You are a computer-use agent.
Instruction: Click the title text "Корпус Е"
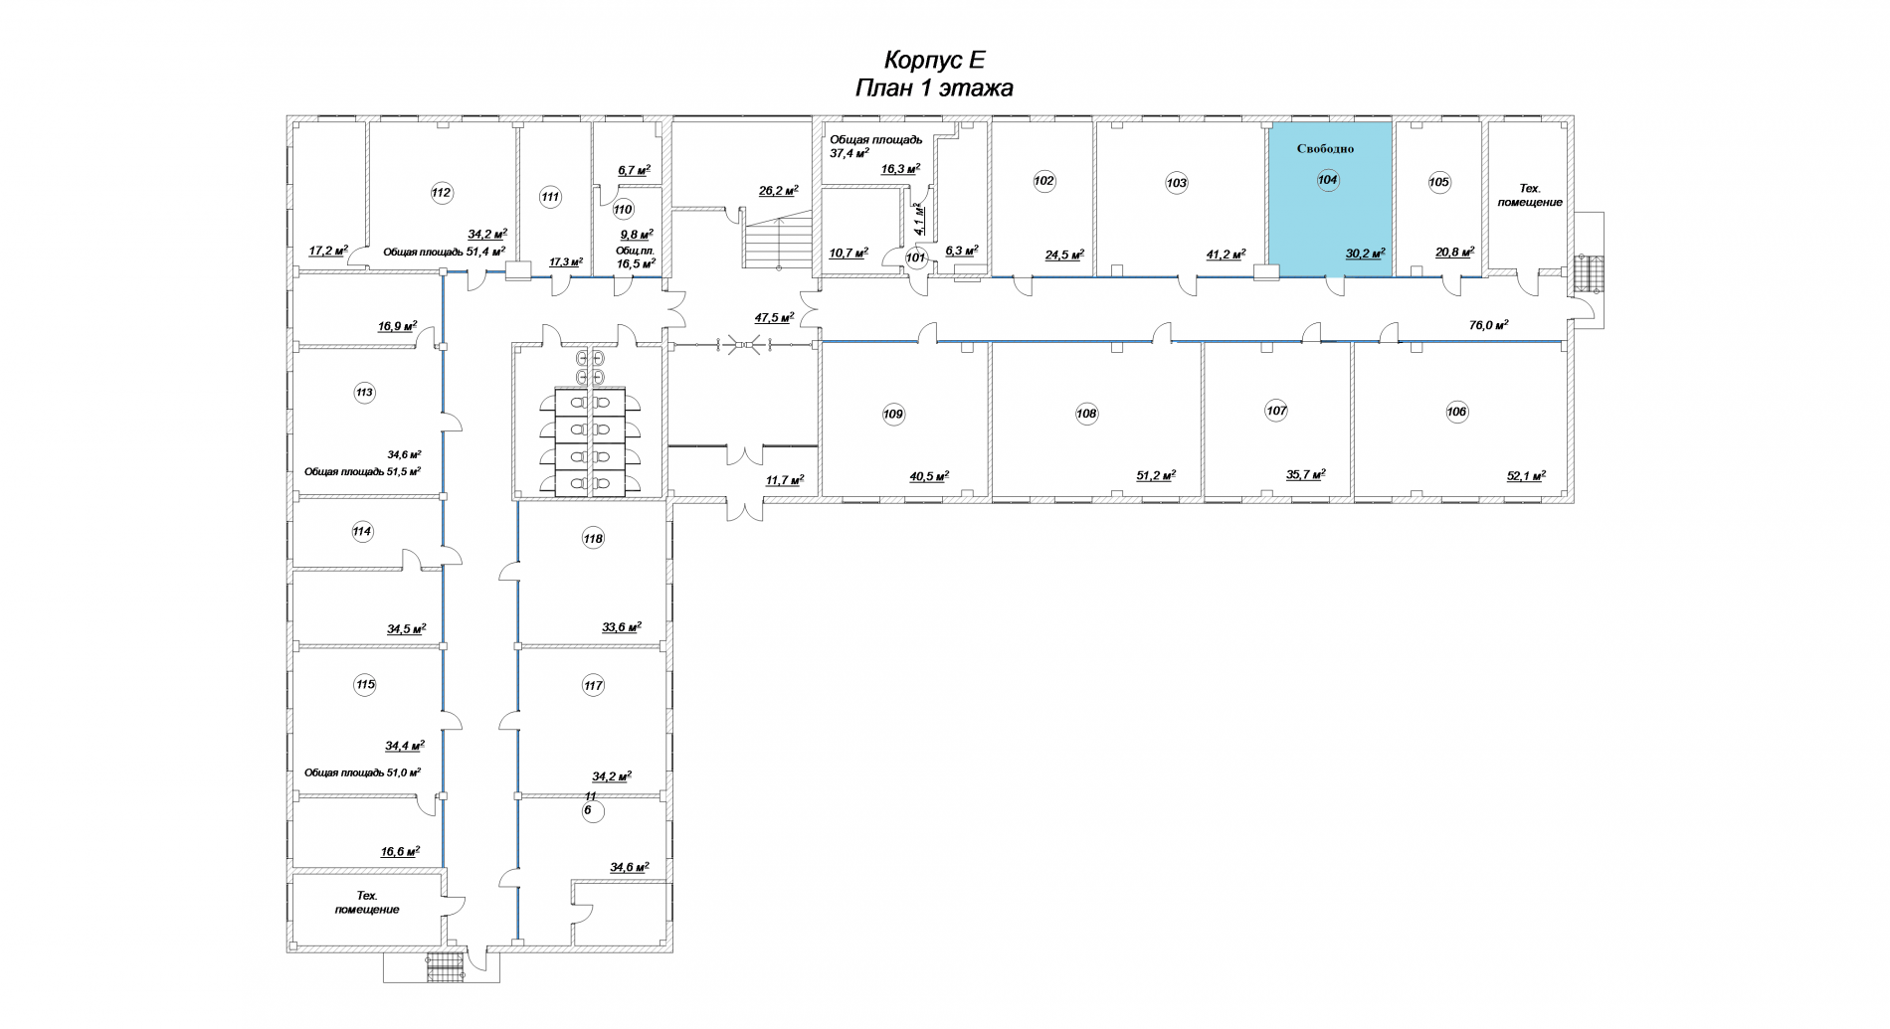point(934,60)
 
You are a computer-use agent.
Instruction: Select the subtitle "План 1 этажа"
point(934,88)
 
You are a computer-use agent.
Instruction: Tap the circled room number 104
point(1327,180)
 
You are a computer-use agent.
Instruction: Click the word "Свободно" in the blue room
point(1325,149)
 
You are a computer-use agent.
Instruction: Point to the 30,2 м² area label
point(1365,255)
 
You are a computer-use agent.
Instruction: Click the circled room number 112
point(442,193)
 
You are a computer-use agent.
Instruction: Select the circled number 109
point(893,414)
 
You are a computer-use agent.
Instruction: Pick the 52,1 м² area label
point(1526,476)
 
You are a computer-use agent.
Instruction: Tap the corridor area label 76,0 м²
point(1489,324)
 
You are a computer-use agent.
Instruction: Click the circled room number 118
point(593,539)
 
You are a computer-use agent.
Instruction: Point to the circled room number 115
point(365,684)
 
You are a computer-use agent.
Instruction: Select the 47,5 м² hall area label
point(774,318)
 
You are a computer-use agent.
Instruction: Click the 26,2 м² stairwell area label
point(778,191)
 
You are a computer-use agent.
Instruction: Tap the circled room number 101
point(916,257)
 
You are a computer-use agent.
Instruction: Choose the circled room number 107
point(1276,411)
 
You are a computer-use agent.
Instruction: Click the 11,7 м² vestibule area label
point(784,480)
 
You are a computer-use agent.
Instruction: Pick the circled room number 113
point(364,393)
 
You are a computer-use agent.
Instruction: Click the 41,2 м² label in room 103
point(1226,255)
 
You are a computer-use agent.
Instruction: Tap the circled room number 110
point(623,210)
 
